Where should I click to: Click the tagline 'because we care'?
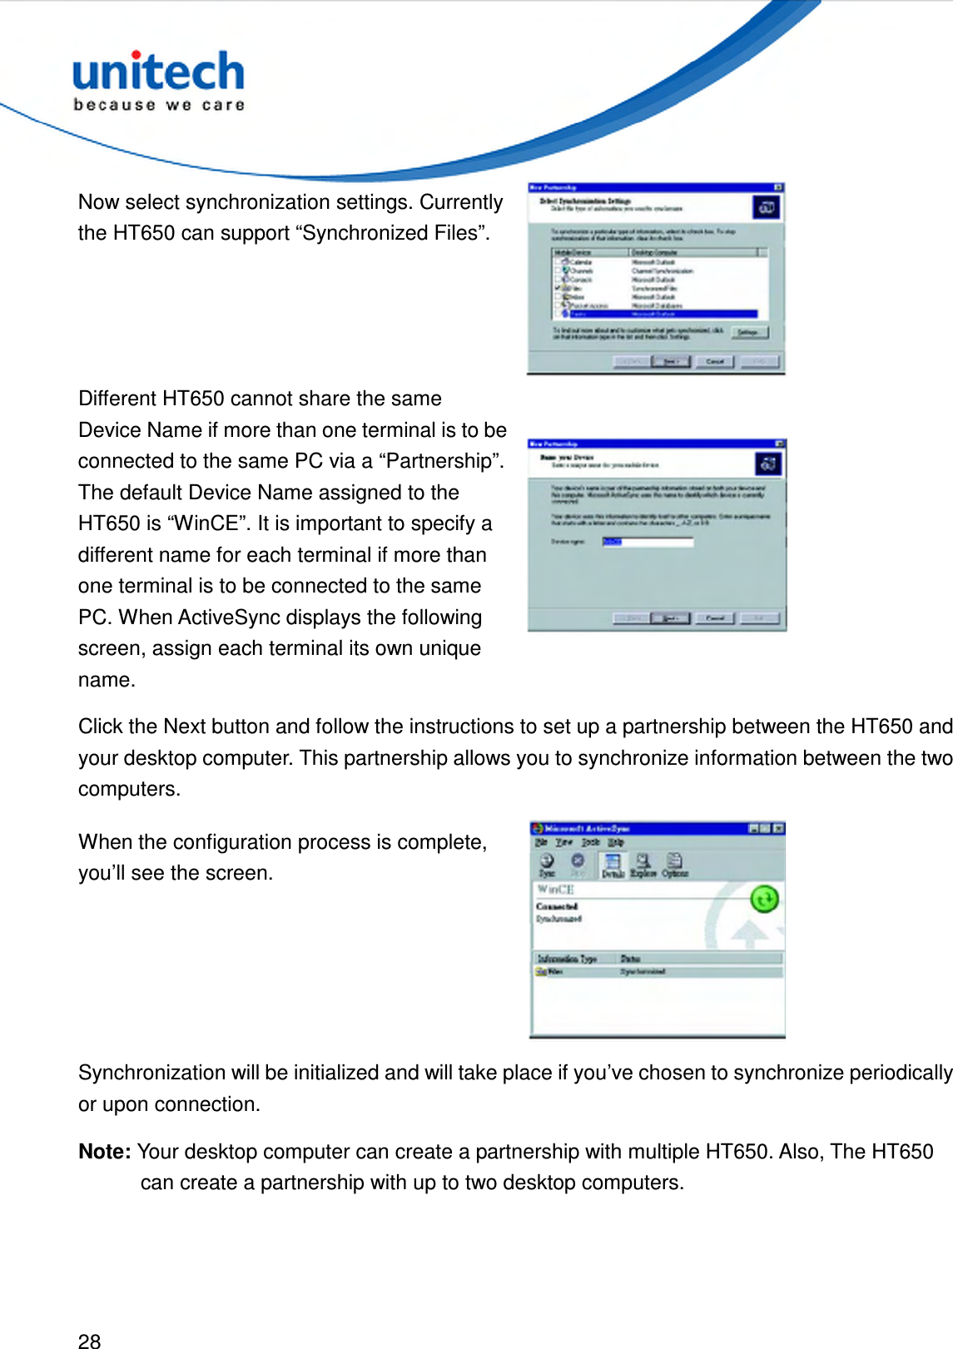point(158,105)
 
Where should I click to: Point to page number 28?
point(89,1340)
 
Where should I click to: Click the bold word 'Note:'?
point(105,1152)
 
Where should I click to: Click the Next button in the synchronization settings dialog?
point(671,361)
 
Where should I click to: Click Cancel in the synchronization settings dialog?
point(715,361)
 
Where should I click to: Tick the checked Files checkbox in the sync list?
point(558,288)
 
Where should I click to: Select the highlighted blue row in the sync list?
point(657,314)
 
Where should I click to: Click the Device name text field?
point(648,542)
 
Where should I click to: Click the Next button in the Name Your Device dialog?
point(671,618)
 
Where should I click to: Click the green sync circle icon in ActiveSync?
point(764,899)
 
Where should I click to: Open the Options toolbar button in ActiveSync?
point(674,865)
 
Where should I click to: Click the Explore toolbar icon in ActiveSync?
point(643,865)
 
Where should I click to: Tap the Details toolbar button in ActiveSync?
point(613,865)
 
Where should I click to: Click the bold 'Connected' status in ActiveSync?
point(557,906)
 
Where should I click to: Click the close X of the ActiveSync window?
point(778,829)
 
